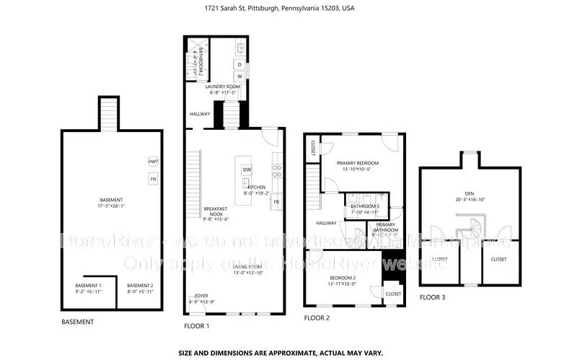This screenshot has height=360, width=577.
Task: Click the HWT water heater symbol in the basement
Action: coord(153,162)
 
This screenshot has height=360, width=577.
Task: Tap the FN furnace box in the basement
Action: coord(153,178)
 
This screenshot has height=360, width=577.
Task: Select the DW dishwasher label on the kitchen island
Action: coord(247,170)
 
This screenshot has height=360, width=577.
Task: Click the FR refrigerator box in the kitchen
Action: coord(276,202)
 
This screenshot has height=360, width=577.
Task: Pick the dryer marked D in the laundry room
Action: coord(239,63)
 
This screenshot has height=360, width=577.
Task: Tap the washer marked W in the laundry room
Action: coord(239,76)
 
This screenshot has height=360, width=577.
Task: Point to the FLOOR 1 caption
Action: coord(197,326)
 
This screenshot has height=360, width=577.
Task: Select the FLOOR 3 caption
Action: coord(433,297)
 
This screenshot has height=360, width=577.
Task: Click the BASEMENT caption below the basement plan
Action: coord(77,322)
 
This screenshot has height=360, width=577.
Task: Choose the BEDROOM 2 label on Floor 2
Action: coord(343,281)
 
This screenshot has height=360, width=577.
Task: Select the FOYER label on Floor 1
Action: coord(201,296)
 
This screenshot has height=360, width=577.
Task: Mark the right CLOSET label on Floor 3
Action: coord(498,259)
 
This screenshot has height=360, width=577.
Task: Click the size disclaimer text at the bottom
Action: coord(281,353)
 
